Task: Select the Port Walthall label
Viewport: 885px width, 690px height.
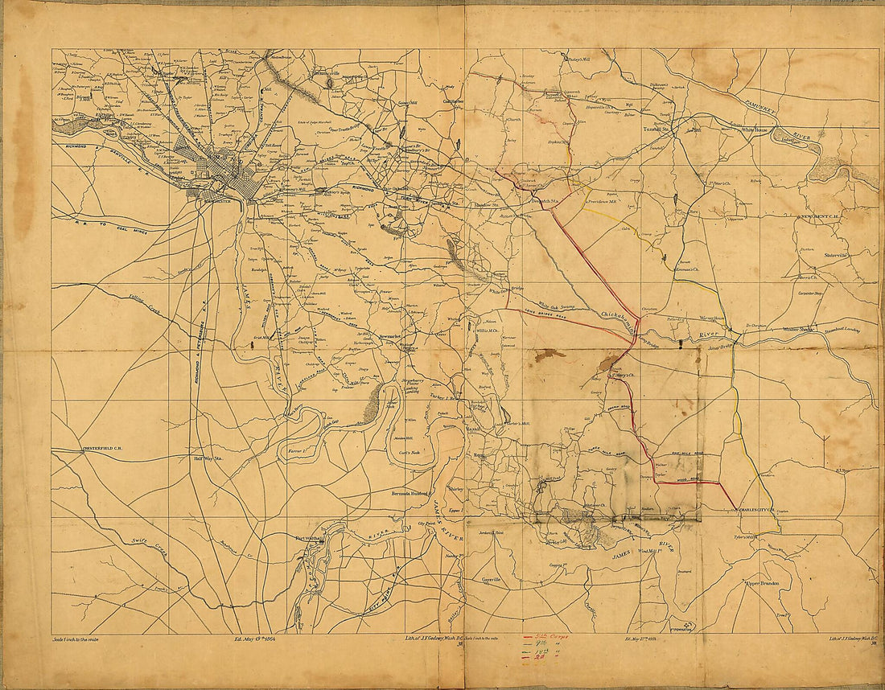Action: coord(309,538)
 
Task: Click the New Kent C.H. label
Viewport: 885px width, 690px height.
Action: coord(818,217)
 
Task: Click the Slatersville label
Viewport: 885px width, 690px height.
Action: coord(842,254)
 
